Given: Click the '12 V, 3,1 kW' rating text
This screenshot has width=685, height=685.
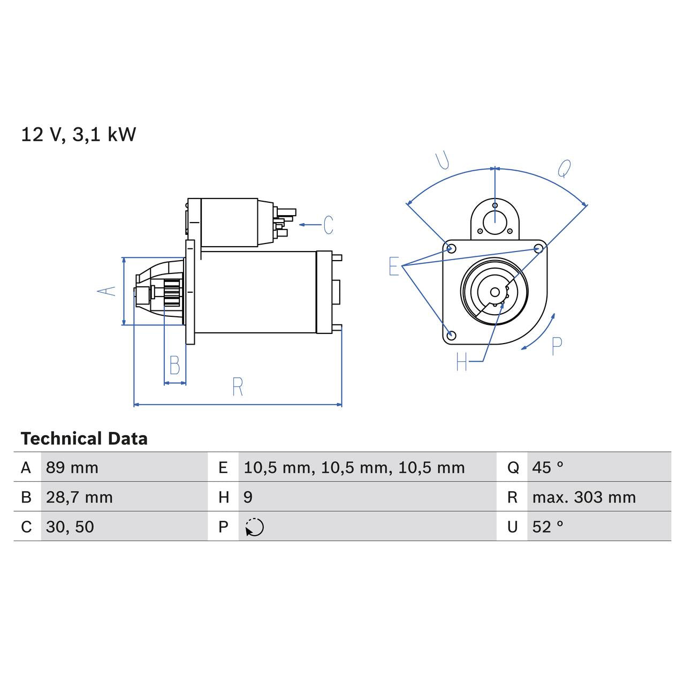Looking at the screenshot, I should (79, 135).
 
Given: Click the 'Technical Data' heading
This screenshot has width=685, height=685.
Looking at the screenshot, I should (84, 439).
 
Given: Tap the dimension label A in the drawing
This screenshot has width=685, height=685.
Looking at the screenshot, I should (106, 291).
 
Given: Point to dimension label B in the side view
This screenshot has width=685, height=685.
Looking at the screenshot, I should (174, 365).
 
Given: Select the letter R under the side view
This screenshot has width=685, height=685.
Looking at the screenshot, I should (238, 386).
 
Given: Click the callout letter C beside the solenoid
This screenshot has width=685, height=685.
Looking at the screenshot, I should (328, 225).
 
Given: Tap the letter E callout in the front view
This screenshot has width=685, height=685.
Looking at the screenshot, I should (394, 266).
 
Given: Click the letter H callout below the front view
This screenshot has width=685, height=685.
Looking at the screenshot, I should (462, 362).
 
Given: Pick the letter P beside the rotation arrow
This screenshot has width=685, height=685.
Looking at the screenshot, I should (557, 347).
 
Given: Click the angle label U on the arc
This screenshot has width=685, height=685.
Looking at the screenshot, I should (442, 161).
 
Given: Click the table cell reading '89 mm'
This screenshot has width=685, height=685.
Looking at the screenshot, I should (72, 468).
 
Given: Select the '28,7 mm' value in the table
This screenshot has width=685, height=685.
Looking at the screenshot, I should (79, 497).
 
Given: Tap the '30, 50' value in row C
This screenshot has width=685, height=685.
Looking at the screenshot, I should (70, 527).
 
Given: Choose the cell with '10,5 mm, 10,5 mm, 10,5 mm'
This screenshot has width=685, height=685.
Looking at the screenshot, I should (354, 468).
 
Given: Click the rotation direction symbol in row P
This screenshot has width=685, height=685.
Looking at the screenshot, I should (254, 527).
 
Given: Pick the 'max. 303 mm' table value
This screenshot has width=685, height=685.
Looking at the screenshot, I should (584, 497).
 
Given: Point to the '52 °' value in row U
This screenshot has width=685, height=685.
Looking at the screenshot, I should (547, 527).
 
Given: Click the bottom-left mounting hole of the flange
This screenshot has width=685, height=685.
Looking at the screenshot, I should (451, 335).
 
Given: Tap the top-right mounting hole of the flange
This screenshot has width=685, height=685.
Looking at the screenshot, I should (539, 248).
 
